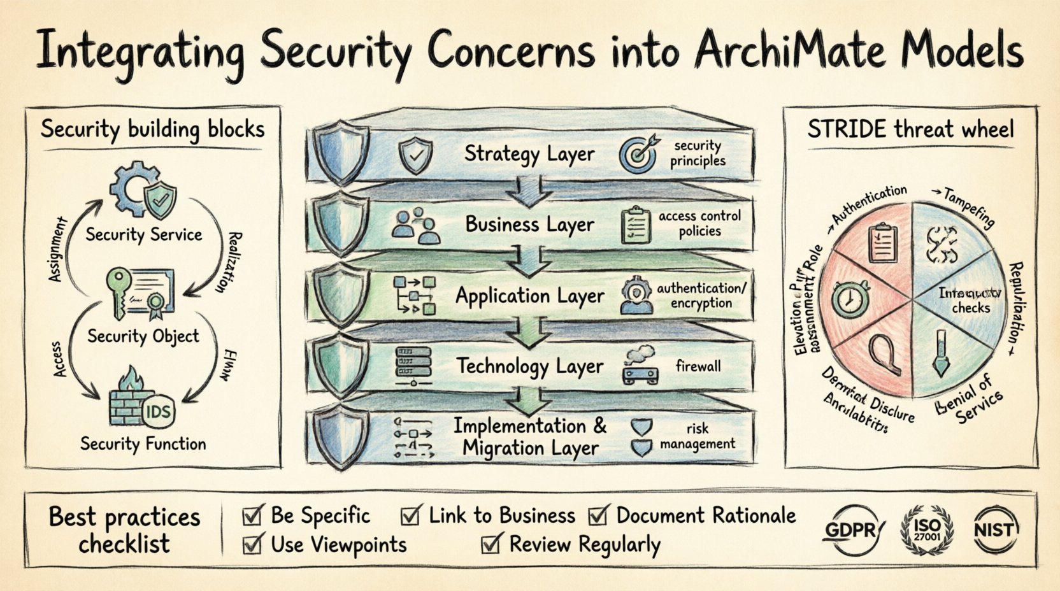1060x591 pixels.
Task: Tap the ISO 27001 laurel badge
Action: coord(926,529)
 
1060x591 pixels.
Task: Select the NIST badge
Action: coord(996,529)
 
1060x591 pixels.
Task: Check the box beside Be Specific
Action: coord(253,515)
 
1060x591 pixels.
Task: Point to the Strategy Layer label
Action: coord(529,153)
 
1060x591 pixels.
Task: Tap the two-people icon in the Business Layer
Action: coord(415,226)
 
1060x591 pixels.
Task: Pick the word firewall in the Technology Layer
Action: coord(698,366)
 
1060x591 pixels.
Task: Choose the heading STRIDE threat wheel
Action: coord(910,130)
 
